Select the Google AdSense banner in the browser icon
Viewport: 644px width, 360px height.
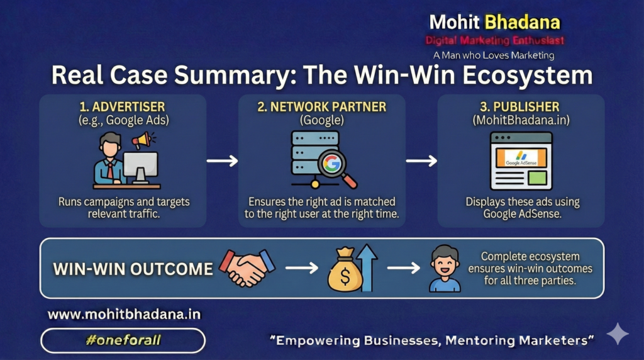click(521, 158)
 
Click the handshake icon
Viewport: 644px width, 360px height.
click(247, 267)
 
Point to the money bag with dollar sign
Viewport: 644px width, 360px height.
click(345, 271)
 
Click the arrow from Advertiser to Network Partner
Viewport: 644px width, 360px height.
click(222, 160)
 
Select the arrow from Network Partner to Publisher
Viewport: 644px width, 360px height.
click(421, 160)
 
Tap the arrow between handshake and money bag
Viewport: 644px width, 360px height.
click(302, 268)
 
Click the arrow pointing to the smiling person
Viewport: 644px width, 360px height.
click(404, 268)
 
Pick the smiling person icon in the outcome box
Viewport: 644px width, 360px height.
click(445, 269)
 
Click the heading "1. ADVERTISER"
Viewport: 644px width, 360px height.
click(122, 107)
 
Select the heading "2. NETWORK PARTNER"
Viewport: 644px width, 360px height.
click(321, 107)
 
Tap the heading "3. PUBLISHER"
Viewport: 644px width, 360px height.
click(519, 107)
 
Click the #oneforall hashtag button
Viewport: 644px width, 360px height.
click(123, 340)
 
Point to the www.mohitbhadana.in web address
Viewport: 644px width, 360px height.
click(124, 315)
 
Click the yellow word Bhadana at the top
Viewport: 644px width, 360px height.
click(523, 22)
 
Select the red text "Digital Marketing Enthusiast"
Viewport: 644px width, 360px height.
click(494, 40)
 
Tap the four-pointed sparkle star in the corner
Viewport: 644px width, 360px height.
click(618, 334)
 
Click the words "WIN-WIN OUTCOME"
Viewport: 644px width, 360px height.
click(133, 269)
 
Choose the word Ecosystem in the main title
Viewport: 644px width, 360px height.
click(528, 75)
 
